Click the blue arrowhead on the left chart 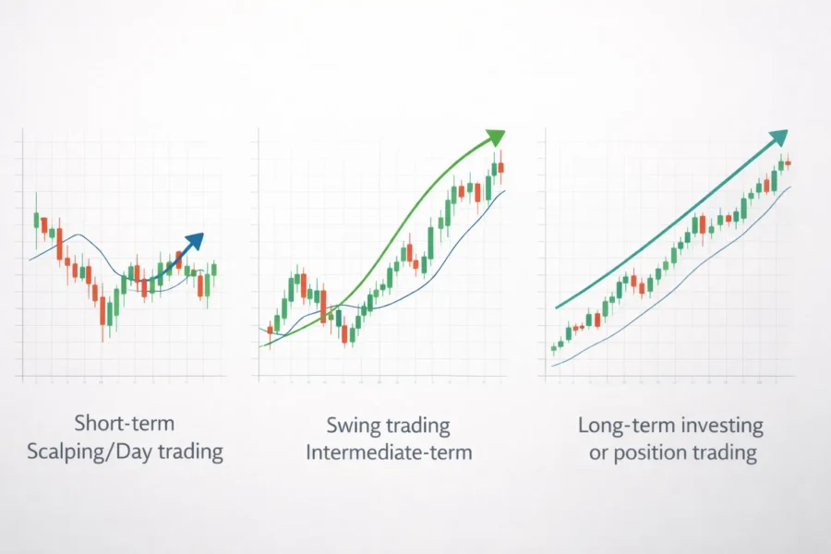click(194, 241)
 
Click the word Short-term click(126, 424)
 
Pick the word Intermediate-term click(389, 452)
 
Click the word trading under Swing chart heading click(416, 426)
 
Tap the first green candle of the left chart click(36, 220)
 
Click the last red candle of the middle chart click(500, 167)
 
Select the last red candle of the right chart click(789, 163)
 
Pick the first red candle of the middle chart click(270, 329)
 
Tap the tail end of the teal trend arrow click(558, 307)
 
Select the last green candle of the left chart click(213, 269)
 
